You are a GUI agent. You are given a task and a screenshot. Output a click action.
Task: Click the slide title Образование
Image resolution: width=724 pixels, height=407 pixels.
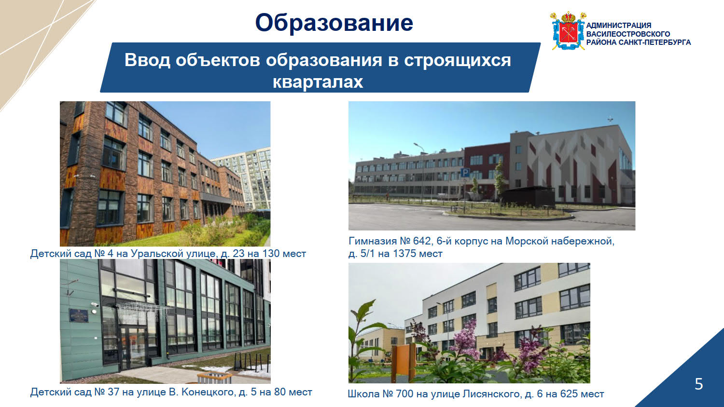[x=334, y=23]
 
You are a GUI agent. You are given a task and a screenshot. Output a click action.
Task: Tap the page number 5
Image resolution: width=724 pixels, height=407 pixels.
[x=699, y=384]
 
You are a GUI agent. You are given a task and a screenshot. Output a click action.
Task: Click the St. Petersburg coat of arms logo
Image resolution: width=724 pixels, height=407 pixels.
[x=568, y=31]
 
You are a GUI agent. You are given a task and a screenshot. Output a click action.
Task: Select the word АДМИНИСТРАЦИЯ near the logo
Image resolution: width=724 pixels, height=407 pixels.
[x=619, y=26]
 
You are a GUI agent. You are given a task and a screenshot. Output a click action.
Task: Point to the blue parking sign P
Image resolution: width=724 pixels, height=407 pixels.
[x=465, y=173]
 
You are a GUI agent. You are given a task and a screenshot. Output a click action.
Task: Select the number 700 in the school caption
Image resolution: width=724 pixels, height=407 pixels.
[x=404, y=394]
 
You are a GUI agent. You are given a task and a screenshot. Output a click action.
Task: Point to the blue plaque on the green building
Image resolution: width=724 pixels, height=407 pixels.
[x=79, y=315]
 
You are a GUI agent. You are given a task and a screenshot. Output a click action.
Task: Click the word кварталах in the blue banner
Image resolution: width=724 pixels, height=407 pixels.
[x=318, y=81]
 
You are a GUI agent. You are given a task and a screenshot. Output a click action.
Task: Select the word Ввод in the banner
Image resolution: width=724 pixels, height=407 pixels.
[x=147, y=60]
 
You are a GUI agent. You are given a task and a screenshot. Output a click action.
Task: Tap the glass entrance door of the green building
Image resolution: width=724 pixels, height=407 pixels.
[x=133, y=348]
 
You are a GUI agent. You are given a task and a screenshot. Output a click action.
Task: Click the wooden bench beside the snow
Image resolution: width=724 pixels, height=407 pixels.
[x=215, y=377]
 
